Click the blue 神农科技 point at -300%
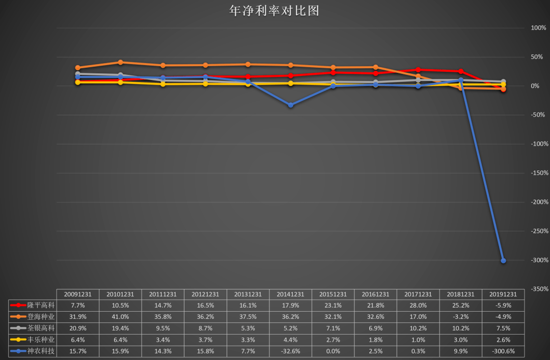pos(503,261)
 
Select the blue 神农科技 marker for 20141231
pos(291,105)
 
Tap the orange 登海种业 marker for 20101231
pos(120,62)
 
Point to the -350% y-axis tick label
pos(538,289)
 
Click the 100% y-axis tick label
pos(538,28)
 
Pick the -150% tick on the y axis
pos(538,173)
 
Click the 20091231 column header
pos(77,294)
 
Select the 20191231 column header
pos(503,294)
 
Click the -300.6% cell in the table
pos(503,351)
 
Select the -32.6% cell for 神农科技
pos(291,351)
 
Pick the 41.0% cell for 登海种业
pos(120,317)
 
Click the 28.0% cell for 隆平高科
pos(418,306)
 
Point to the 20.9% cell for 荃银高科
pos(77,328)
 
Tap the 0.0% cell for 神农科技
pos(333,351)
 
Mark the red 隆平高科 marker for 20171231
pos(418,70)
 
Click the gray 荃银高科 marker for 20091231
pos(78,74)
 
